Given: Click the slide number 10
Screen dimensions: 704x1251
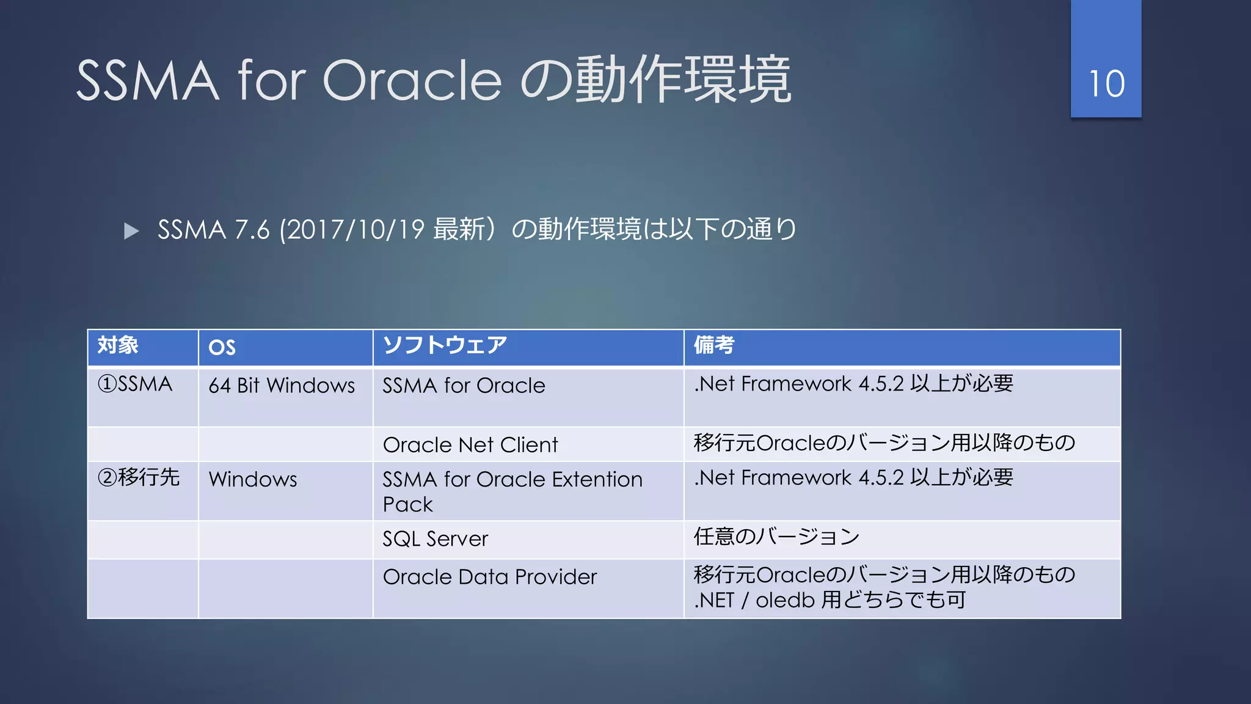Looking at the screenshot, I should pos(1106,84).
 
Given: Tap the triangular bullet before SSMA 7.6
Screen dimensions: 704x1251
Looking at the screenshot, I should pos(131,231).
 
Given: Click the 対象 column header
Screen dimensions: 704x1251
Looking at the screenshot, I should pos(119,345).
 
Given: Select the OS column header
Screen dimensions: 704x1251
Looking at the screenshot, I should pos(222,347).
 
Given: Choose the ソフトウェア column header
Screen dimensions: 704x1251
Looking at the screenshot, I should pos(445,345).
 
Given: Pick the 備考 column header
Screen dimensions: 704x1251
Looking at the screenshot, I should pos(713,345).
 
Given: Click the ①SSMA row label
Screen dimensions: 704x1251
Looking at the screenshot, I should pos(135,384).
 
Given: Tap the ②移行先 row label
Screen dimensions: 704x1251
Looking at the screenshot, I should pos(139,477).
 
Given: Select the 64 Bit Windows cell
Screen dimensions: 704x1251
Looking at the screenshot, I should pos(282,386).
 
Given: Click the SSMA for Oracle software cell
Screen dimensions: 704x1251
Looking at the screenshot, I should pos(464,386).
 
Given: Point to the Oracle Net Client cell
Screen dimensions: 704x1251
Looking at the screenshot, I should pos(470,445).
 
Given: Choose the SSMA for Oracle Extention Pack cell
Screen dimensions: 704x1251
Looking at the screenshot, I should pos(512,491).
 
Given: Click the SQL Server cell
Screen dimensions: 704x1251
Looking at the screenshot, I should pos(435,539).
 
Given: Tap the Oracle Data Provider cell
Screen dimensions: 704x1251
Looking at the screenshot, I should pos(489,577).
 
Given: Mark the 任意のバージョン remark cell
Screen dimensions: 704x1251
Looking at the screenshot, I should pos(776,537).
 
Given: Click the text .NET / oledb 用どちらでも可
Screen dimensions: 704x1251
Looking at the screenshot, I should pos(830,600).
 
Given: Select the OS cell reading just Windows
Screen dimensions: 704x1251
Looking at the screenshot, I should pos(253,479).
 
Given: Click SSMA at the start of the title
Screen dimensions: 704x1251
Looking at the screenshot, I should pos(147,81).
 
